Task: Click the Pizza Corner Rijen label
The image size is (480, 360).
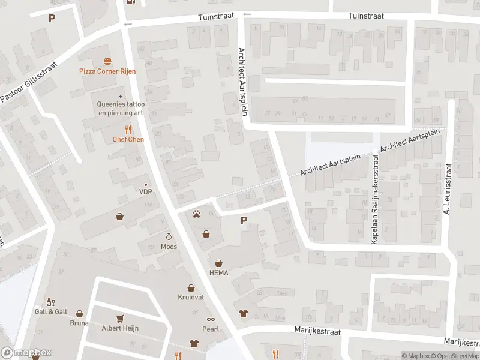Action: click(x=107, y=71)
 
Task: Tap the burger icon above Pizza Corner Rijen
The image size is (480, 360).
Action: click(x=107, y=61)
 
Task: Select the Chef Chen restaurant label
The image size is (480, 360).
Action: click(x=128, y=139)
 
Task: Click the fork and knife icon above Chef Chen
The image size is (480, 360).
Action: click(x=128, y=129)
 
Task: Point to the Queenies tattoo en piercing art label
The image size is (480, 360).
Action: click(x=121, y=108)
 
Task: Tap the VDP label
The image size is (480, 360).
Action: click(x=145, y=192)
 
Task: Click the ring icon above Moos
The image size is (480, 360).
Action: click(x=169, y=236)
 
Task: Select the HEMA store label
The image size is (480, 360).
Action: click(x=219, y=272)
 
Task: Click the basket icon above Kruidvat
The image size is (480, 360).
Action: click(x=191, y=288)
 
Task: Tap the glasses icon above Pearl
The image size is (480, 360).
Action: click(x=211, y=319)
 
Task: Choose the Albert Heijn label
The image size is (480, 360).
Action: click(x=119, y=328)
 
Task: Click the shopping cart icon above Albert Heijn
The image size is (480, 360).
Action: click(x=119, y=318)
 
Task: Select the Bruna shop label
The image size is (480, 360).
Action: click(x=79, y=323)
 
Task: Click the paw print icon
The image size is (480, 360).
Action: click(x=196, y=213)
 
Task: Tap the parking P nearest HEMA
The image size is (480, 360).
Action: click(x=244, y=221)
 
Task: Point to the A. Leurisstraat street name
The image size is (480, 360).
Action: click(x=446, y=190)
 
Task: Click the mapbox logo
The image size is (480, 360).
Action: click(x=26, y=353)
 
